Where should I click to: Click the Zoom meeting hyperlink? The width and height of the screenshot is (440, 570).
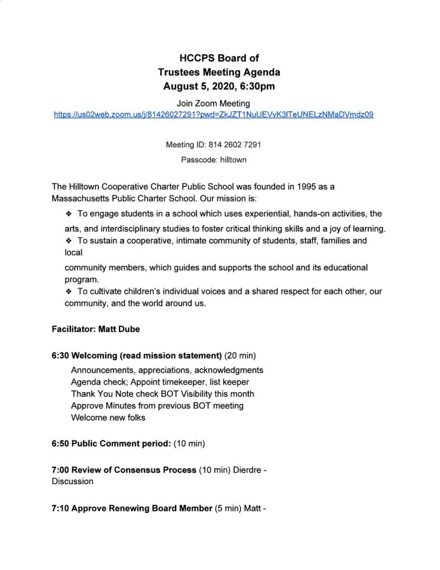213,115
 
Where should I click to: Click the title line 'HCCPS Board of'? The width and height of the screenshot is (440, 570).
219,58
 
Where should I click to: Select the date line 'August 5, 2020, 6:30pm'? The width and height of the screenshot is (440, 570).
219,86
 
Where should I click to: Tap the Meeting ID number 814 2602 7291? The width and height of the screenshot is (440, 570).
235,145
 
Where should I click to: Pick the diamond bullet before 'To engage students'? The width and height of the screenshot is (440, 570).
69,214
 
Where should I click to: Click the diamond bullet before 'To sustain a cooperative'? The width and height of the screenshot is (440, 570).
69,241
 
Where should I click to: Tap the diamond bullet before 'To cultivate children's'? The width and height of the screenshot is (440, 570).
69,292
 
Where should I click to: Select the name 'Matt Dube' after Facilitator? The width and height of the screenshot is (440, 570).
119,329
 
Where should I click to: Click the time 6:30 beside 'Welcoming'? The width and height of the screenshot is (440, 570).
60,356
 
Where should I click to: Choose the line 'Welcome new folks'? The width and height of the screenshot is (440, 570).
108,417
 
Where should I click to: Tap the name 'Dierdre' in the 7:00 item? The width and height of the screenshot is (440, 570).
245,470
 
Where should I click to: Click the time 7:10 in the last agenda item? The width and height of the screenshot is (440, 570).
60,508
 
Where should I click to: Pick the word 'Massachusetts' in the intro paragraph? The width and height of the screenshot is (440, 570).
78,198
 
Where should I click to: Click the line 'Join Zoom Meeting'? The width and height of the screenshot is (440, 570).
213,104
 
